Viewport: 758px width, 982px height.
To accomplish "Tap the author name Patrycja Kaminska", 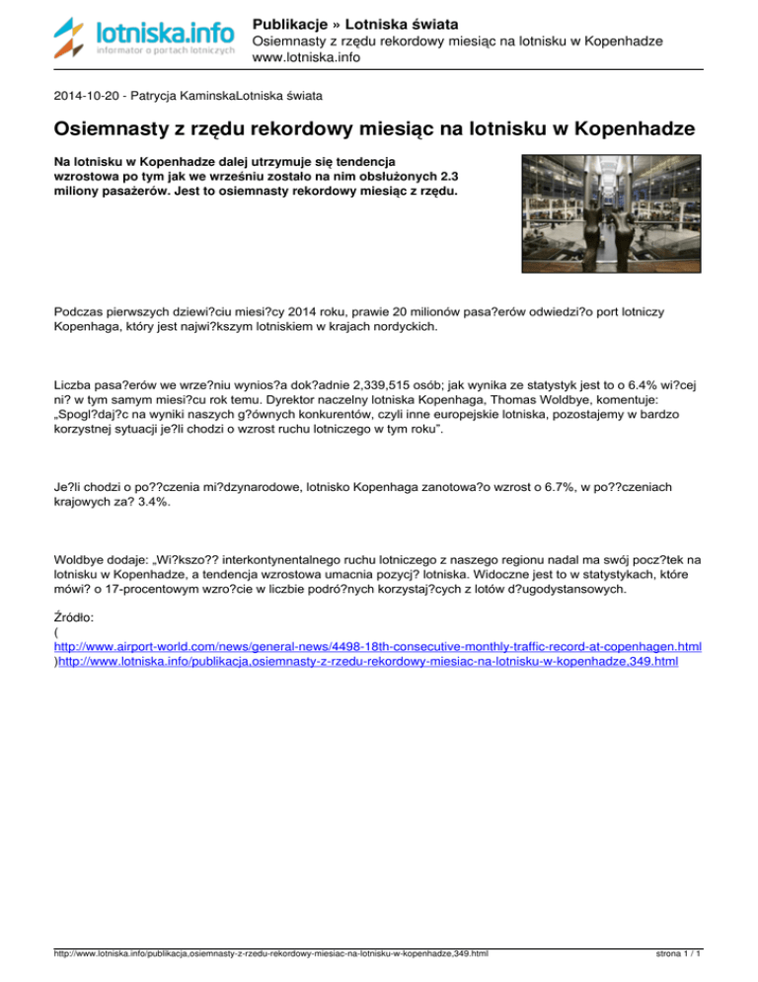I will point(187,97).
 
